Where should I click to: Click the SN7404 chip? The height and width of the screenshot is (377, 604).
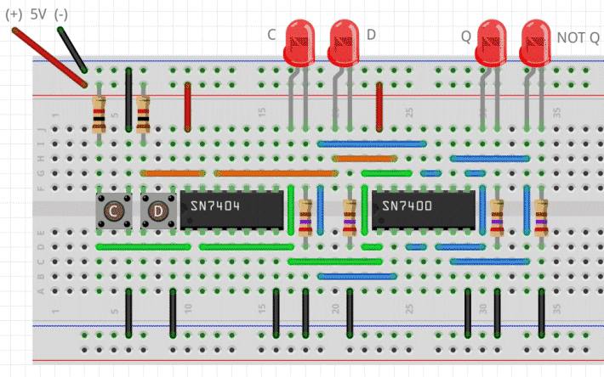coord(230,209)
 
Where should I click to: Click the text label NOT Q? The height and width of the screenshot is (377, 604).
coord(578,37)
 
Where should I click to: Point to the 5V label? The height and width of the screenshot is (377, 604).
coord(38,14)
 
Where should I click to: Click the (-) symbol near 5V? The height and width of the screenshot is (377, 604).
coord(61,14)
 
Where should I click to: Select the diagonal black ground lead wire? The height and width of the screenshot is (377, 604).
coord(71,50)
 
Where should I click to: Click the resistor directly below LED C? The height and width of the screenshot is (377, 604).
coord(305,217)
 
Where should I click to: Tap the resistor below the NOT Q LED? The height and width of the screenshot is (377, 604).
coord(542,217)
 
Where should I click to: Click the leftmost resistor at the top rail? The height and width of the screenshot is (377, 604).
coord(99,114)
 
